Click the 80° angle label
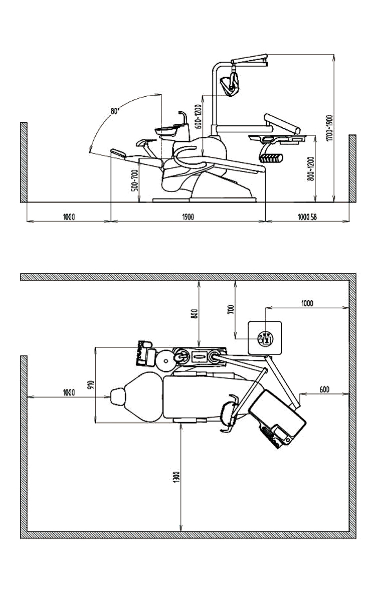[115, 111]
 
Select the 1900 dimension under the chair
[188, 217]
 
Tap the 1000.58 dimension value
[307, 217]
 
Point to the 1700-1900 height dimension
[329, 128]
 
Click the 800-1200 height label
[311, 168]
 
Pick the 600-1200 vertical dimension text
[199, 116]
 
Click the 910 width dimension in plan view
[90, 384]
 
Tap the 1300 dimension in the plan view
[177, 477]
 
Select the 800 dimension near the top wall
[194, 313]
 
